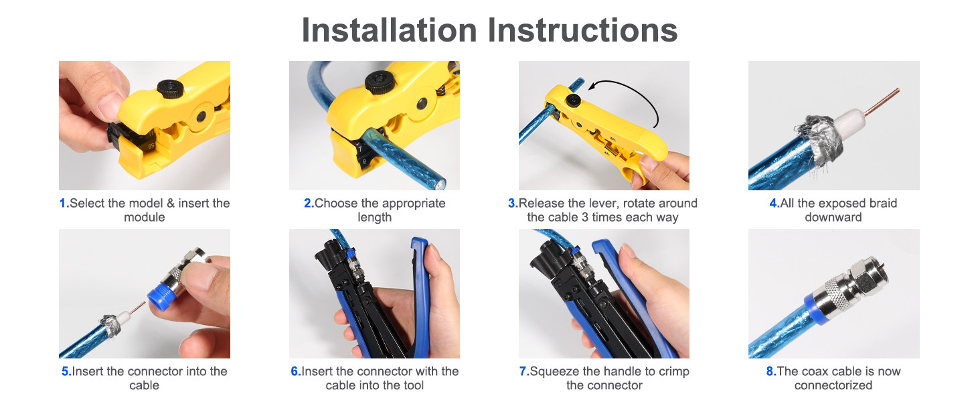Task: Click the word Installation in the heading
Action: click(389, 30)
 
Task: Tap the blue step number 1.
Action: click(64, 204)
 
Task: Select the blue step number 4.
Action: click(774, 204)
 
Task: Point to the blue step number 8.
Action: click(770, 372)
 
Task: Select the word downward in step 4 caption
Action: click(833, 218)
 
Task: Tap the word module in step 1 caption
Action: click(145, 218)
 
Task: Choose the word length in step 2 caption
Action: click(375, 218)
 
